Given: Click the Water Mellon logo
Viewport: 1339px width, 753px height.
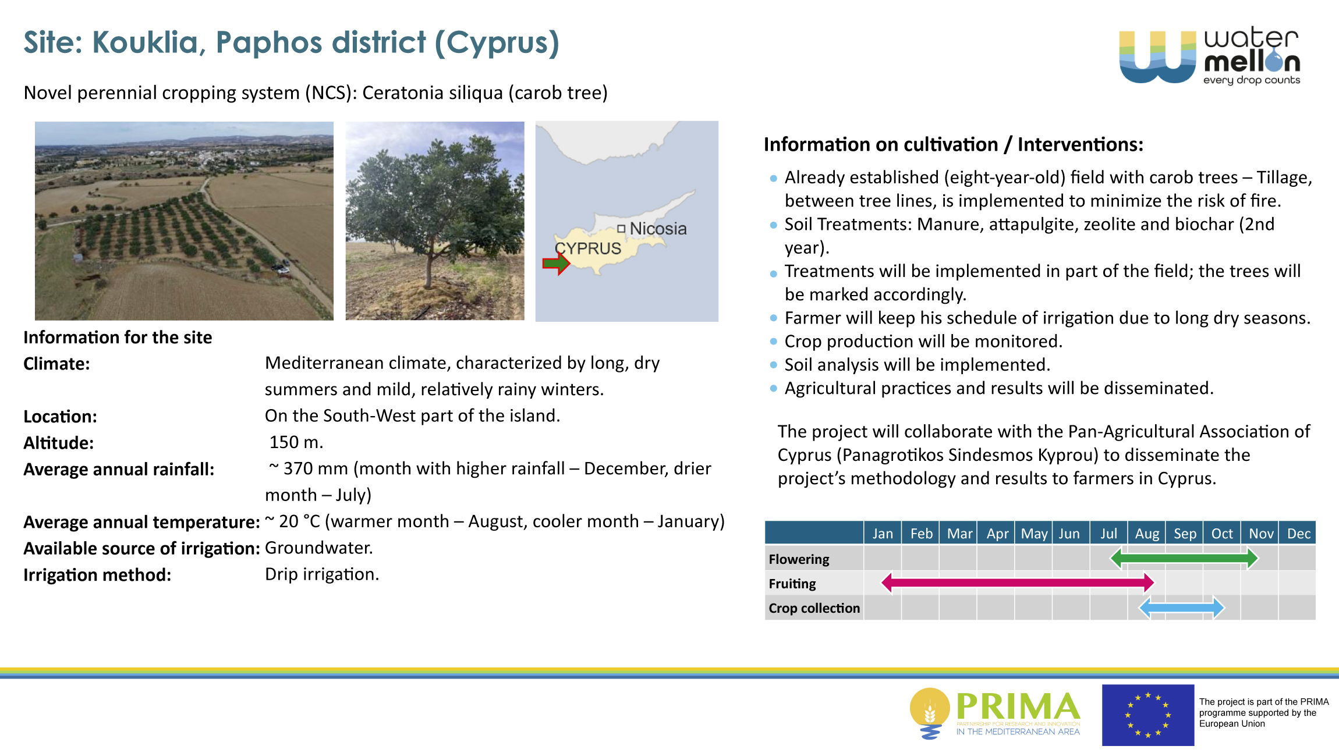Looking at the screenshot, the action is click(1210, 56).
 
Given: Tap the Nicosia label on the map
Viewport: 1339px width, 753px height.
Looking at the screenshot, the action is click(658, 229).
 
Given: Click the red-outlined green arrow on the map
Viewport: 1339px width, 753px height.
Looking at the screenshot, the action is click(556, 264).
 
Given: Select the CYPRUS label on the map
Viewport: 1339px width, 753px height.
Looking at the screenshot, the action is click(588, 248).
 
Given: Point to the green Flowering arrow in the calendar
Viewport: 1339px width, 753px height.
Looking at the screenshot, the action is click(1185, 559).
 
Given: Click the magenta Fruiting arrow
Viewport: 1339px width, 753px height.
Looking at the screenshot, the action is click(1018, 582).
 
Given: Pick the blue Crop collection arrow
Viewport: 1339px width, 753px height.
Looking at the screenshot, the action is click(1182, 608).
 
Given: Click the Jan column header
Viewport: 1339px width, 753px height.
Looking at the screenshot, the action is click(883, 534).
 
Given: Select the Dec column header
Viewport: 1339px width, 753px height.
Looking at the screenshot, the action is click(1299, 534).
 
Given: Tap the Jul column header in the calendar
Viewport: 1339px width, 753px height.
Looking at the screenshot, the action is click(1108, 534).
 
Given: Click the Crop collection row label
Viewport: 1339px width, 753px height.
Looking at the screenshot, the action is click(814, 608).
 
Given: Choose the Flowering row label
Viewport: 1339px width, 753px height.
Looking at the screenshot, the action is click(799, 559).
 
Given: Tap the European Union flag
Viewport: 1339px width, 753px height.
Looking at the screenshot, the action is click(1148, 715).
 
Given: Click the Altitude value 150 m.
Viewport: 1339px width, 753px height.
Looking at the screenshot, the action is click(296, 442).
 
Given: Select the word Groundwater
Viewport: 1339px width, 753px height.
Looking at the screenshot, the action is click(319, 548).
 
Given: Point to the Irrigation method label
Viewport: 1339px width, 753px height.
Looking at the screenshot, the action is click(97, 575).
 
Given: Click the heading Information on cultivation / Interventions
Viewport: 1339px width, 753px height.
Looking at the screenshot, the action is click(954, 144).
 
